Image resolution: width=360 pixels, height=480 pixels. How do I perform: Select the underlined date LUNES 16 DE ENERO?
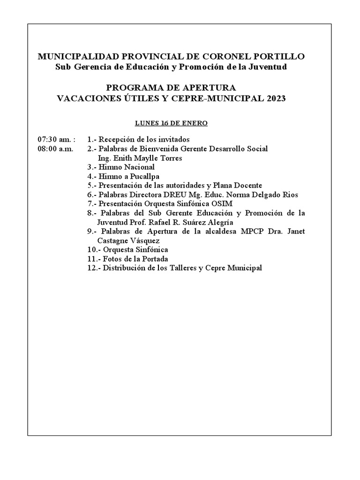pos(171,123)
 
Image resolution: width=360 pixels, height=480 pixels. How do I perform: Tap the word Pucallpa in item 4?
pos(144,176)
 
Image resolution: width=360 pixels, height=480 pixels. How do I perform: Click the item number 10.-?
pos(94,249)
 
